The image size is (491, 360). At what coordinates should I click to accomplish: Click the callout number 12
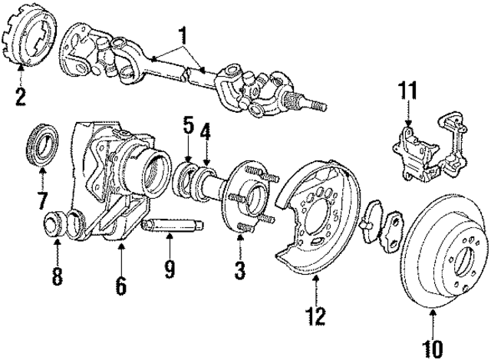coord(316,314)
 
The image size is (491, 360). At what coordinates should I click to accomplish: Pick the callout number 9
coord(170,269)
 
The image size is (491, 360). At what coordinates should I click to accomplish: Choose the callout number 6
coord(120,285)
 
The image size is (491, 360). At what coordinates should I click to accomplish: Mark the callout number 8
coord(58,276)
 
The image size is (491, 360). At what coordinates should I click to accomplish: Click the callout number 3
coord(240,269)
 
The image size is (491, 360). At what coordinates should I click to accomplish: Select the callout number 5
coord(186,123)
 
